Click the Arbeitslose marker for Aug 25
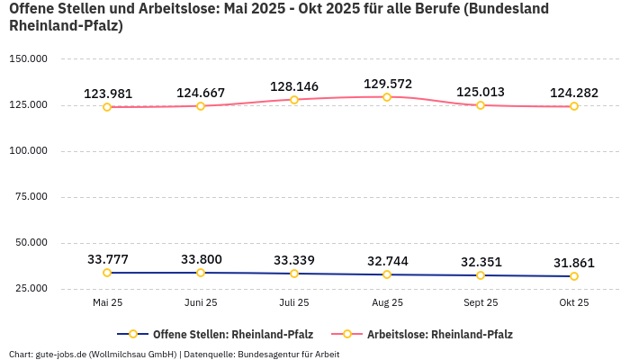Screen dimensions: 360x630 [x=387, y=97]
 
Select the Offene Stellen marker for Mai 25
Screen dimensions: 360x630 [x=107, y=273]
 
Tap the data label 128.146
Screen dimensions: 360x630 [x=294, y=86]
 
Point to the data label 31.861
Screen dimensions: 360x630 [x=573, y=263]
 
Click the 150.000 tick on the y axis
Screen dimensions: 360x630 [x=27, y=59]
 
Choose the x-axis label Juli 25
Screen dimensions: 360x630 [x=294, y=302]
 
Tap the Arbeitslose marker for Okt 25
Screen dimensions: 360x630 [x=573, y=106]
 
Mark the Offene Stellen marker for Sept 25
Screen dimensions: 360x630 [x=481, y=275]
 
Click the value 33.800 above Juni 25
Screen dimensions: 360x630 [x=201, y=259]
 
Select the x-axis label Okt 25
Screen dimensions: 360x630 [x=573, y=302]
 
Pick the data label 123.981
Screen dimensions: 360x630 [x=107, y=94]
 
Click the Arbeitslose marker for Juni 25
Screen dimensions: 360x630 [x=201, y=106]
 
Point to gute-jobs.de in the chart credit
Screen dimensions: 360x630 [x=61, y=354]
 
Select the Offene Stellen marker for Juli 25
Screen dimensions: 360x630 [x=294, y=274]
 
